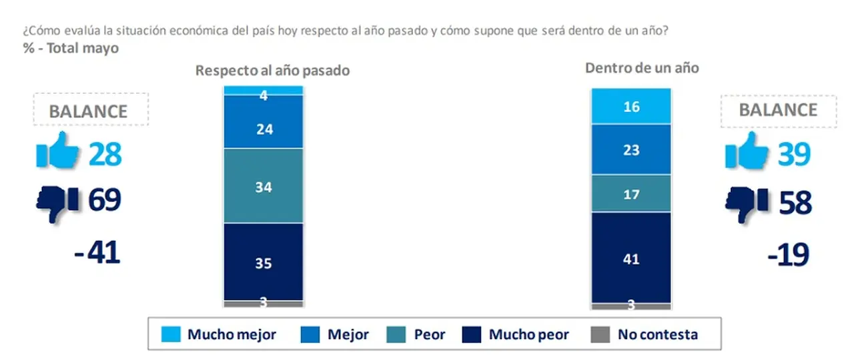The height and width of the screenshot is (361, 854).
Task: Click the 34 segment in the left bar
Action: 264,185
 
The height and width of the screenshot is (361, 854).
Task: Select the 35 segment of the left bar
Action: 264,262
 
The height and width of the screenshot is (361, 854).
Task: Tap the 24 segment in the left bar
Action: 264,121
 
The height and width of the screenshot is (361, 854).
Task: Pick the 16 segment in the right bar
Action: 631,107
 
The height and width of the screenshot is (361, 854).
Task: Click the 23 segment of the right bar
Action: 631,149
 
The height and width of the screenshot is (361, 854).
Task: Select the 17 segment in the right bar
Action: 631,193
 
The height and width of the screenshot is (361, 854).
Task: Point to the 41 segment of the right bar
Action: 631,258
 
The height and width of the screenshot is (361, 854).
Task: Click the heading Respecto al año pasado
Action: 273,71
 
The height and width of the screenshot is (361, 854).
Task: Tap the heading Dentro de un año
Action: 642,68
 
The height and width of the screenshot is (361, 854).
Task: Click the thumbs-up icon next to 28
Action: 57,150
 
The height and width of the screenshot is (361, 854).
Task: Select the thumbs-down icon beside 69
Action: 57,204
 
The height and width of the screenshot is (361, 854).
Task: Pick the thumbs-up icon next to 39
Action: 747,150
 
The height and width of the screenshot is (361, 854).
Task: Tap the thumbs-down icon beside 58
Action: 747,204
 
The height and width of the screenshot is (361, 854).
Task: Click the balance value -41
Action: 97,252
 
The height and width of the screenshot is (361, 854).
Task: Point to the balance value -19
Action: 788,254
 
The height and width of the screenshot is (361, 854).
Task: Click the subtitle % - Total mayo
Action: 71,49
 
